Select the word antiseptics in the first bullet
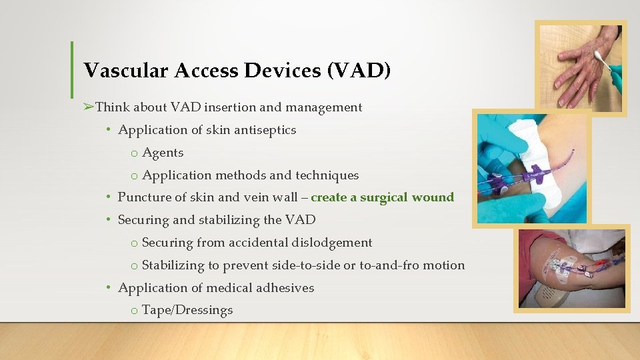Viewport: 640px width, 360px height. pyautogui.click(x=263, y=130)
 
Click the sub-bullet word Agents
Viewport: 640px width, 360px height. pyautogui.click(x=163, y=153)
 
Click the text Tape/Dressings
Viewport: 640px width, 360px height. pyautogui.click(x=187, y=311)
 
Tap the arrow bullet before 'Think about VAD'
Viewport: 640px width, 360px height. pyautogui.click(x=89, y=107)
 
